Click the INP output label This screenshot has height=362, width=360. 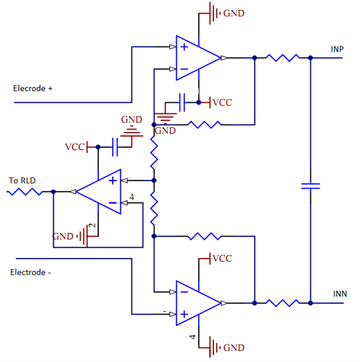click(337, 49)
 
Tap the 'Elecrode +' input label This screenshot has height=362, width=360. click(33, 88)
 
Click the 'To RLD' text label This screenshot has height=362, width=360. click(22, 180)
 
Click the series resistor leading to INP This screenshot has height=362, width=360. click(282, 58)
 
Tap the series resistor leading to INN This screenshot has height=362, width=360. click(282, 303)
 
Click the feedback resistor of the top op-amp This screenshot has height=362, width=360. click(206, 124)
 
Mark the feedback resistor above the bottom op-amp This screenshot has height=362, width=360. click(206, 236)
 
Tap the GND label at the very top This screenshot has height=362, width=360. click(234, 13)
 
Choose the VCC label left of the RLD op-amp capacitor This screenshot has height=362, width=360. click(75, 147)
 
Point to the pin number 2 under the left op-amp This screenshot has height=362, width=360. click(93, 226)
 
